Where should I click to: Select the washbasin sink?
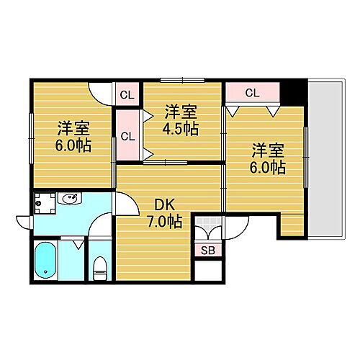pos(71,199)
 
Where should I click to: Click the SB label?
pos(207,251)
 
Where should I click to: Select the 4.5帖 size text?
pos(181,130)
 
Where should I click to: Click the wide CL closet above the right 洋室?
pos(252,93)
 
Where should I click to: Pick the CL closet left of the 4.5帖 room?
pos(127,135)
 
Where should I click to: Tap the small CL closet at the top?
pos(127,94)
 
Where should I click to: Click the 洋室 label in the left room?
pos(73,127)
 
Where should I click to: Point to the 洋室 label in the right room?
pos(268,150)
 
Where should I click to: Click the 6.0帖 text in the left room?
pos(73,145)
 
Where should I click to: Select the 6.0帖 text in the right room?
pos(268,168)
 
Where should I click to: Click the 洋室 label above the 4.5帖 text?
pos(181,112)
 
